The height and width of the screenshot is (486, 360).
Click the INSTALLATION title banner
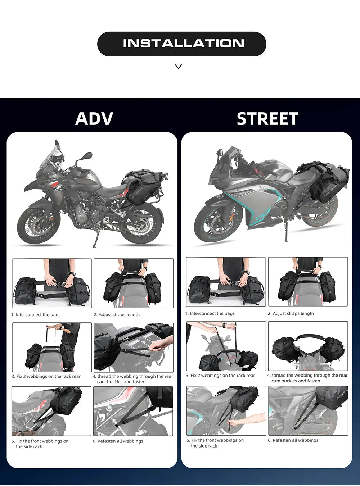click(x=181, y=44)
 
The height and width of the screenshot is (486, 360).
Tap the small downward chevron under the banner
click(x=178, y=67)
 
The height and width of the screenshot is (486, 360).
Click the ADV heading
click(x=94, y=119)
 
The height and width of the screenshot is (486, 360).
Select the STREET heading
click(x=267, y=119)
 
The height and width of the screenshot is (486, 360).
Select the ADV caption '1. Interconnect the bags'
click(x=36, y=315)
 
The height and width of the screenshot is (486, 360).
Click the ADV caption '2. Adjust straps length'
click(x=117, y=315)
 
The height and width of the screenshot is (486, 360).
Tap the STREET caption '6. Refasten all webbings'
click(x=293, y=440)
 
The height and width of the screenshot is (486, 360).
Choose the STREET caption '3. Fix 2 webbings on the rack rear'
click(x=220, y=376)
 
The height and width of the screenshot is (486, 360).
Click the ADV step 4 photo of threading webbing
click(x=133, y=347)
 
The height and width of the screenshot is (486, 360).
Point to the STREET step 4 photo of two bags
click(x=308, y=346)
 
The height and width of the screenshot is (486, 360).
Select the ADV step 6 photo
click(x=133, y=411)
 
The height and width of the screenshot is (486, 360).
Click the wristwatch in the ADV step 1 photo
click(x=72, y=274)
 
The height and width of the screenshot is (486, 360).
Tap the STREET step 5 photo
click(x=226, y=410)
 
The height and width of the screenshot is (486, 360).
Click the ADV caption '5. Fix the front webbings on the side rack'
click(x=40, y=444)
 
